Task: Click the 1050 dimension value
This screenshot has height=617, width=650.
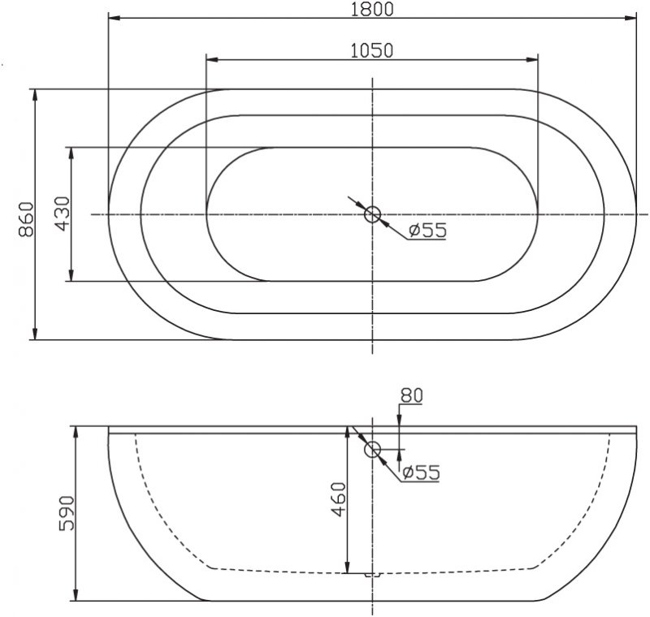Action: point(371,50)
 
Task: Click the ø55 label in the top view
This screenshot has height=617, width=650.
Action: point(427,231)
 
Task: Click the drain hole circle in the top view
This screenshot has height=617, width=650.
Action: point(373,214)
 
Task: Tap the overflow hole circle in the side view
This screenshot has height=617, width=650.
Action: point(374,450)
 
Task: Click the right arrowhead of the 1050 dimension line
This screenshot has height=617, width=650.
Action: point(533,58)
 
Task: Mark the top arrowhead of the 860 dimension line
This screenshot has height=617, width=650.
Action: point(35,94)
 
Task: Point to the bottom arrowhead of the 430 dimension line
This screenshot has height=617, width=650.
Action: point(72,277)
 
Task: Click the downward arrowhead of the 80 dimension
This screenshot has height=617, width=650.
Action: point(401,421)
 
